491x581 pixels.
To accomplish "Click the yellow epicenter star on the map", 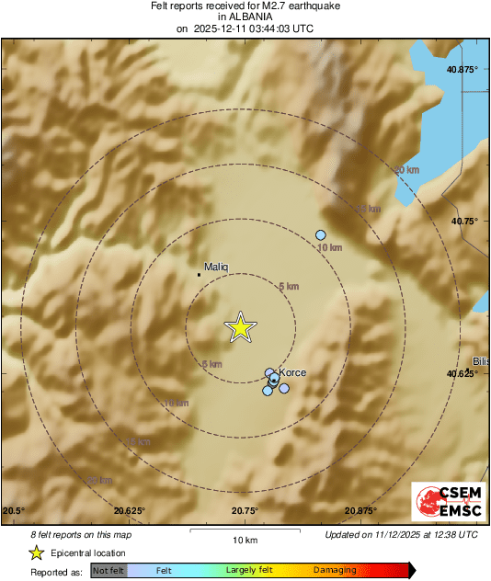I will (241, 327).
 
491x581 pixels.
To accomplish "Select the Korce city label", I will (291, 372).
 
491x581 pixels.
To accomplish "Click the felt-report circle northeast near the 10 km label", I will (320, 234).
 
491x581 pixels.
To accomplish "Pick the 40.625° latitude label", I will (463, 374).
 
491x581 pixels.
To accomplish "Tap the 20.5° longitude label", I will (14, 511).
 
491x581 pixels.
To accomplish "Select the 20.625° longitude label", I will (130, 511).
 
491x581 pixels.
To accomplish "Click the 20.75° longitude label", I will (245, 511).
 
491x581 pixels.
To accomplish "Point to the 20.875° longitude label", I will (360, 511).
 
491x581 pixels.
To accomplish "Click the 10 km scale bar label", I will (244, 540).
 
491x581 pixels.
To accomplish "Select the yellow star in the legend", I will (36, 553).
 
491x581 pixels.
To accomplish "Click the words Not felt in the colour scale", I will (109, 571).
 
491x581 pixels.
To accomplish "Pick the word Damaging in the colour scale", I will (335, 571).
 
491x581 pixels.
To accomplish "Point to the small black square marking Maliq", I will (200, 274).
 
